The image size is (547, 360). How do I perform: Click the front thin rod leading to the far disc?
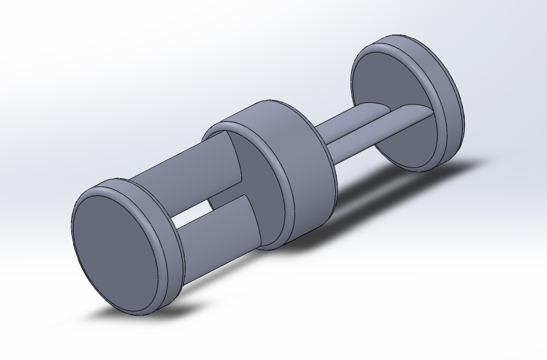point(365,134)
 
